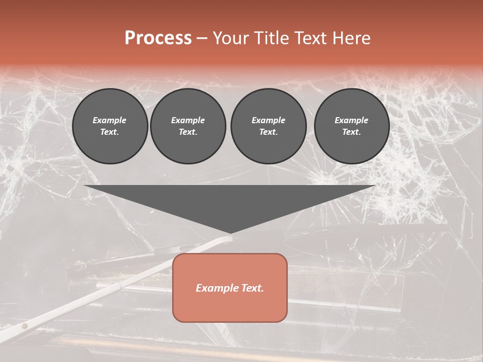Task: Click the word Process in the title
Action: tap(158, 38)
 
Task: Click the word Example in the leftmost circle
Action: tap(110, 120)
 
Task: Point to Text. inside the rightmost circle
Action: tap(352, 132)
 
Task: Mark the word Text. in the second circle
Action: tap(188, 132)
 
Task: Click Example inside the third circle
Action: tap(268, 120)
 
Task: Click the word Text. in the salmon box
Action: tap(251, 288)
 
